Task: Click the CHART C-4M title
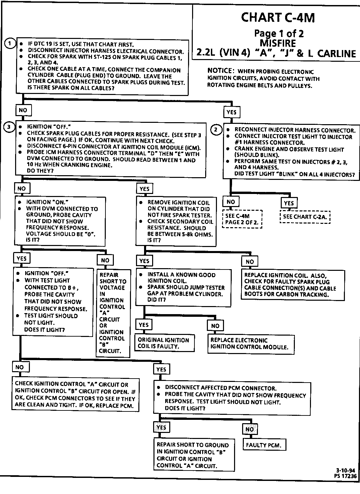pos(278,17)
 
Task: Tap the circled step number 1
pos(10,44)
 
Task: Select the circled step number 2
pos(216,130)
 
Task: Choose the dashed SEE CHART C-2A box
pos(305,217)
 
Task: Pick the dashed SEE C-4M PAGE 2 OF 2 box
pos(242,219)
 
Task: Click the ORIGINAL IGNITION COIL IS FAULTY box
pos(164,343)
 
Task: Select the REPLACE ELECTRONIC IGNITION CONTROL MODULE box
pos(251,344)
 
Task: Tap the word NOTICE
pos(220,70)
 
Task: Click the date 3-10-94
pos(346,471)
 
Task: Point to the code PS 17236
pos(346,476)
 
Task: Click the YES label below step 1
pos(231,112)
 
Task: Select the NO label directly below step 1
pos(23,110)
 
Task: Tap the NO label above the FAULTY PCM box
pos(250,429)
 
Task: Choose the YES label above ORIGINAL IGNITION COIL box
pos(143,325)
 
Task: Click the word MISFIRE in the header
pos(278,43)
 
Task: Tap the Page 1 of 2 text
pos(279,33)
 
